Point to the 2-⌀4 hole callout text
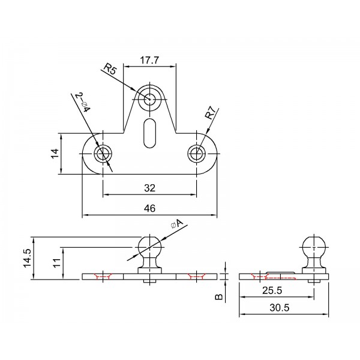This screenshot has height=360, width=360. coord(83,103)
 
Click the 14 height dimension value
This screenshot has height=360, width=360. coord(54,153)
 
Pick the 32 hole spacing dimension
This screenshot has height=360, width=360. coord(150,188)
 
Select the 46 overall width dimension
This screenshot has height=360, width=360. coord(150,208)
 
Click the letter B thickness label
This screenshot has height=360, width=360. coord(219,296)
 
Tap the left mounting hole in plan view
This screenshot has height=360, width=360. coord(103,153)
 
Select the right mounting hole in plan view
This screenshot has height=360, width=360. coord(197,153)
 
